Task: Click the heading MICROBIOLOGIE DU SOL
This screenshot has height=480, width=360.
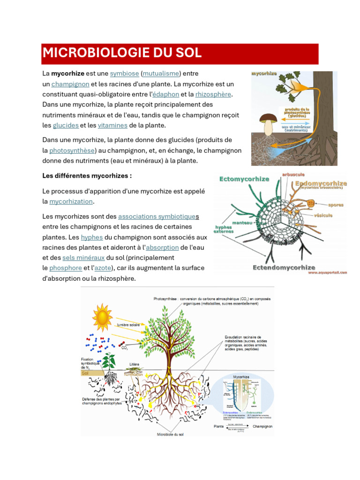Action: tap(122, 53)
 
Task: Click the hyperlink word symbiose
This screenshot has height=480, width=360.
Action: tap(124, 74)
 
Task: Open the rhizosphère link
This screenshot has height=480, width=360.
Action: tap(213, 95)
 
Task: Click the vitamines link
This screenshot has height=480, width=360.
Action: tap(112, 126)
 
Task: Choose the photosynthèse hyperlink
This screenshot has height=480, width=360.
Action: tap(72, 151)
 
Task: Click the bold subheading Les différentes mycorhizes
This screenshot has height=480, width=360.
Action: tap(87, 176)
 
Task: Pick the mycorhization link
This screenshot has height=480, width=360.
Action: tap(71, 202)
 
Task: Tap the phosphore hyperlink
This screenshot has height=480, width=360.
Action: tap(66, 268)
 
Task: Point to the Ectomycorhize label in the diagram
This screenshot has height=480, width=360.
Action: tap(244, 179)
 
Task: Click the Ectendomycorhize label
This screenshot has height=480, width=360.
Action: tap(284, 268)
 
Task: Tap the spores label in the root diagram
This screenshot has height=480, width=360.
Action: tap(336, 205)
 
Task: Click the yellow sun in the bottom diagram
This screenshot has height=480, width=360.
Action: tap(102, 314)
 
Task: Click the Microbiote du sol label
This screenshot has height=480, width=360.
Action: tap(170, 435)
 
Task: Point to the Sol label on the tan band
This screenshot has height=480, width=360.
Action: tap(85, 374)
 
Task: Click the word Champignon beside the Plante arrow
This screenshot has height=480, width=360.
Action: tap(262, 427)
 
